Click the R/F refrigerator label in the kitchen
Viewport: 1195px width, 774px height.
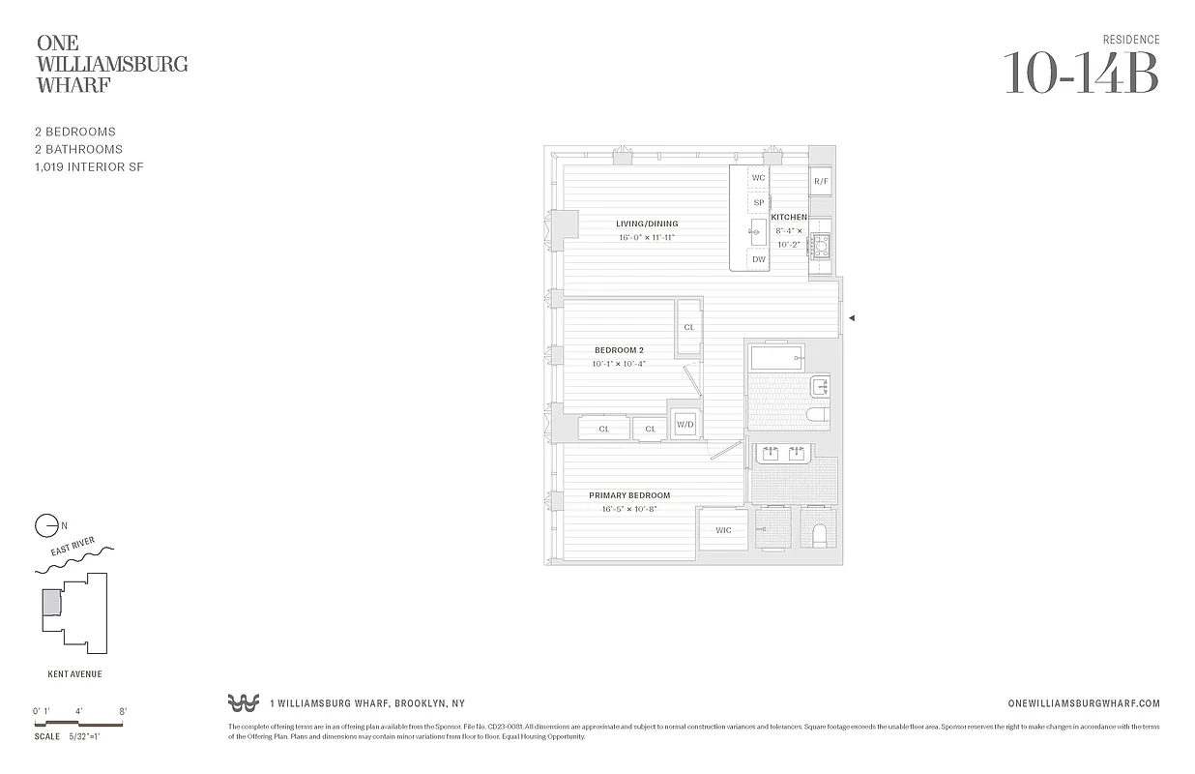coord(821,181)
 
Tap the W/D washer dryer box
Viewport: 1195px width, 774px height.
coord(685,425)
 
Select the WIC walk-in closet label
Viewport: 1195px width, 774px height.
coord(723,530)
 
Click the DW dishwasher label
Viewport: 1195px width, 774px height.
coord(759,259)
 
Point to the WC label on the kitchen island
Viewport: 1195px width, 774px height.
coord(759,178)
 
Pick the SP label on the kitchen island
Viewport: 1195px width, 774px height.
coord(759,203)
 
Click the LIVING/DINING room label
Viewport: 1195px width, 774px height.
coord(647,223)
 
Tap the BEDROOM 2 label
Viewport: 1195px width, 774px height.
coord(619,350)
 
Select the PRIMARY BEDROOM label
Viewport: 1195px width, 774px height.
coord(629,495)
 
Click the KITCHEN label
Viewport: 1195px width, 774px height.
coord(789,218)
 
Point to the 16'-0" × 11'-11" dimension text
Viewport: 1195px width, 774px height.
coord(647,238)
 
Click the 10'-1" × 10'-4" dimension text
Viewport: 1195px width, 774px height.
coord(619,364)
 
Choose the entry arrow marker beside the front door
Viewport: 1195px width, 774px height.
coord(852,317)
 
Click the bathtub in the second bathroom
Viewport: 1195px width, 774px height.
coord(776,358)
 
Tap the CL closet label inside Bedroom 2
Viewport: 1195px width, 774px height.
coord(689,327)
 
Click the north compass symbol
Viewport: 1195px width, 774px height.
coord(46,525)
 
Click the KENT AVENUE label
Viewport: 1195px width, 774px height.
coord(74,674)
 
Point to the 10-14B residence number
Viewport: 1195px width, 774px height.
coord(1081,73)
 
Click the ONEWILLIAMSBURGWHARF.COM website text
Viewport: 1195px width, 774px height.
coord(1083,704)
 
